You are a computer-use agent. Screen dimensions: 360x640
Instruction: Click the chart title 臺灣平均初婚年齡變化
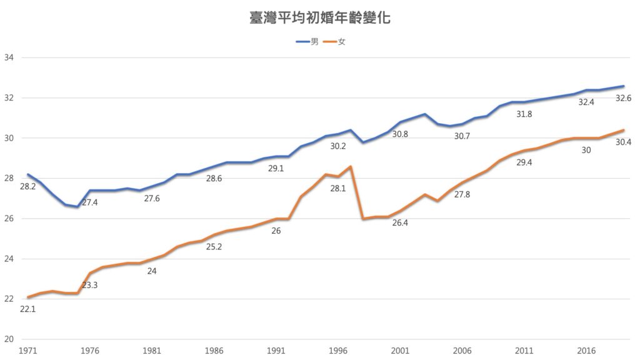click(319, 17)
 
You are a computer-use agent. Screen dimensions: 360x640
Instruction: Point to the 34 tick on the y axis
click(9, 58)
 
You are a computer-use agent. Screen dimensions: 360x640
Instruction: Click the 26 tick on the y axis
click(9, 219)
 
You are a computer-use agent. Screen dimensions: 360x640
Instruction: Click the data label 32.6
click(624, 98)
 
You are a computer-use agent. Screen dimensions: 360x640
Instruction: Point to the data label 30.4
click(624, 142)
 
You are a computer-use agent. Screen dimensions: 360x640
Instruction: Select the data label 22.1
click(27, 309)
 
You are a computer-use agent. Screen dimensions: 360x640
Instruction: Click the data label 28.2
click(28, 186)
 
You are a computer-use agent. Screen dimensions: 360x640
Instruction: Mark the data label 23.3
click(90, 284)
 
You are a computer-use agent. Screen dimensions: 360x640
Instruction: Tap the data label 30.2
click(338, 146)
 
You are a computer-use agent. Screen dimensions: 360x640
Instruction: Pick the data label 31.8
click(524, 114)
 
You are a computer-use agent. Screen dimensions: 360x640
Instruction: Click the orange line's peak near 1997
click(351, 166)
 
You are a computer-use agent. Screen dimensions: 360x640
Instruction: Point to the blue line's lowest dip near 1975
click(77, 206)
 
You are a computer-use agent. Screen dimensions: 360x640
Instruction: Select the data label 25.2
click(214, 247)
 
